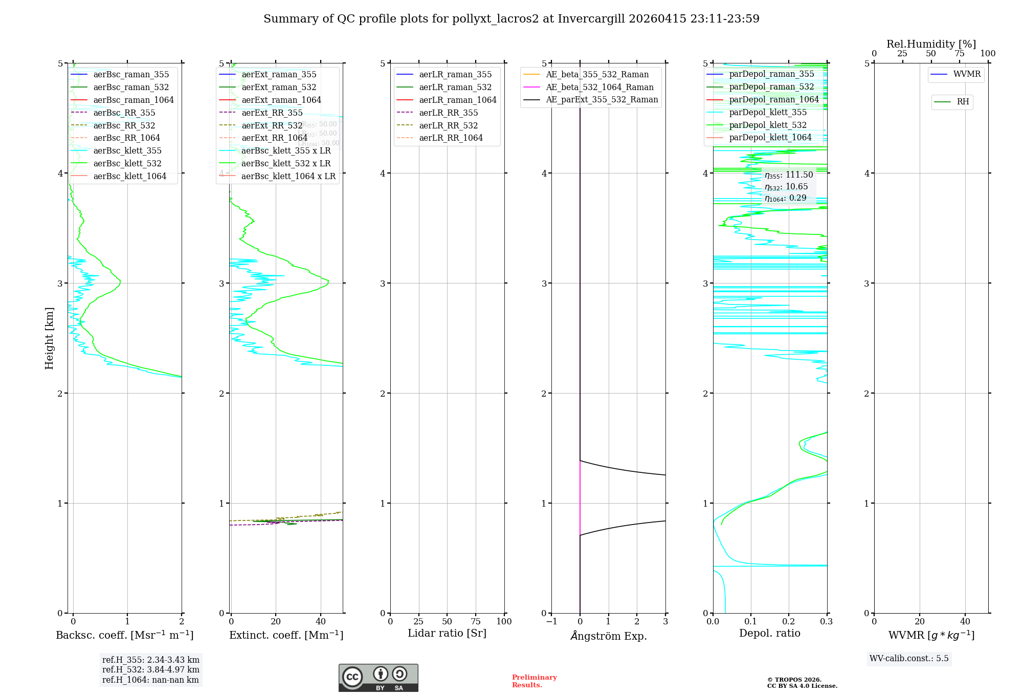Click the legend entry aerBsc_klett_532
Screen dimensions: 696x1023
[x=127, y=164]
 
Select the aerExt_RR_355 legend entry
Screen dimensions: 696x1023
[x=272, y=113]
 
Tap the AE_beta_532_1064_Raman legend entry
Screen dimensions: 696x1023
[x=599, y=87]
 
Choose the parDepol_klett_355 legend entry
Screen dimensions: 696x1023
[x=767, y=112]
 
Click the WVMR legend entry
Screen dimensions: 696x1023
[x=966, y=74]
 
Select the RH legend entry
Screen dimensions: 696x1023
[x=962, y=102]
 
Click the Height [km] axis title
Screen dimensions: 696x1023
[x=49, y=338]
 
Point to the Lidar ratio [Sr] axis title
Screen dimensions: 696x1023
[x=447, y=633]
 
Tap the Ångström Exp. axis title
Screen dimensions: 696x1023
[x=608, y=636]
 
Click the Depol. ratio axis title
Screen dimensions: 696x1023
[x=769, y=633]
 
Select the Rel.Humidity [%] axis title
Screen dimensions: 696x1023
[x=931, y=44]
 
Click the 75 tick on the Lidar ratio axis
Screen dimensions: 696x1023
[x=476, y=622]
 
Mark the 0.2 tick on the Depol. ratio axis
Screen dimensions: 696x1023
[x=789, y=622]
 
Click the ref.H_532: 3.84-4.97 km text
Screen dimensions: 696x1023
[x=150, y=669]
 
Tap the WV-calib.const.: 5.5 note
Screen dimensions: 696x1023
[x=908, y=658]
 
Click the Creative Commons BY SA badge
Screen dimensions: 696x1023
[x=378, y=678]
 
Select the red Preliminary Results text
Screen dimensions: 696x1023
[x=534, y=681]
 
